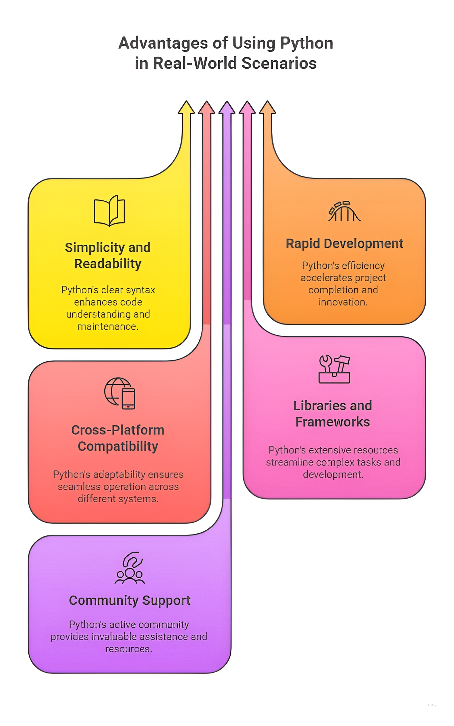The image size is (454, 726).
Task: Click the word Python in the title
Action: coord(306,44)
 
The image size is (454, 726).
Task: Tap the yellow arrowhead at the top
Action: coord(186,108)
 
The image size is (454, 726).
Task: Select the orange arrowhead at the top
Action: coord(268,108)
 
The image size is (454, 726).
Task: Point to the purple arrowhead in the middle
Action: coord(227,108)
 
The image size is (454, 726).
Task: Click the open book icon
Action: coord(109,211)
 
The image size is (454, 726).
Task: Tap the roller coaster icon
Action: coord(344,212)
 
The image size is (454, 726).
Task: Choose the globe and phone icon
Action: coord(120,393)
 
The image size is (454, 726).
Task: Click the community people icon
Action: coord(130,568)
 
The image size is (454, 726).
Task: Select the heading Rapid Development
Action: coord(344,244)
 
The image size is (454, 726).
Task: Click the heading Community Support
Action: coord(130,601)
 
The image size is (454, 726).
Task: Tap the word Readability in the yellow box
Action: coord(108,264)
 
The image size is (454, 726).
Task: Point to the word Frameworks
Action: coord(332,422)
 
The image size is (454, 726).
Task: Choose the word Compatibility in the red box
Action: coord(118,446)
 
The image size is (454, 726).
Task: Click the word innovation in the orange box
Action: coord(343,302)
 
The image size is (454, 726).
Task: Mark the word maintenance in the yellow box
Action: coord(108,326)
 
